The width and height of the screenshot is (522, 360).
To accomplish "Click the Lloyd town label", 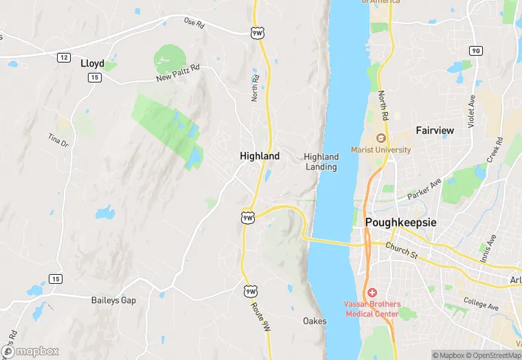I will click(x=92, y=63).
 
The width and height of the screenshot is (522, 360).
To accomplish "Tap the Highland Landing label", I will click(x=321, y=162).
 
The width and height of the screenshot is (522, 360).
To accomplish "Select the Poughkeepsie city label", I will click(x=400, y=223).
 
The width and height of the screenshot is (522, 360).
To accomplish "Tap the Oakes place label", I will click(x=315, y=321).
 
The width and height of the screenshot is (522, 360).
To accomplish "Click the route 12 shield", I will click(x=63, y=57).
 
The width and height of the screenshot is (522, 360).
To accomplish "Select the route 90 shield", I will click(x=475, y=51).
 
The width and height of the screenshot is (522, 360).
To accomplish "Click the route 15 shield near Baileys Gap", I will click(x=55, y=278).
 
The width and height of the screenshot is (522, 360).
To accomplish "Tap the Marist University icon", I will click(x=381, y=138).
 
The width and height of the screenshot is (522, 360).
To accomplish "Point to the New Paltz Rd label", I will click(x=177, y=73).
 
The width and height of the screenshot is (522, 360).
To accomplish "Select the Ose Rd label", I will click(x=194, y=22).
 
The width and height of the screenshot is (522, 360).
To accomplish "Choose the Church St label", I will click(x=401, y=250).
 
